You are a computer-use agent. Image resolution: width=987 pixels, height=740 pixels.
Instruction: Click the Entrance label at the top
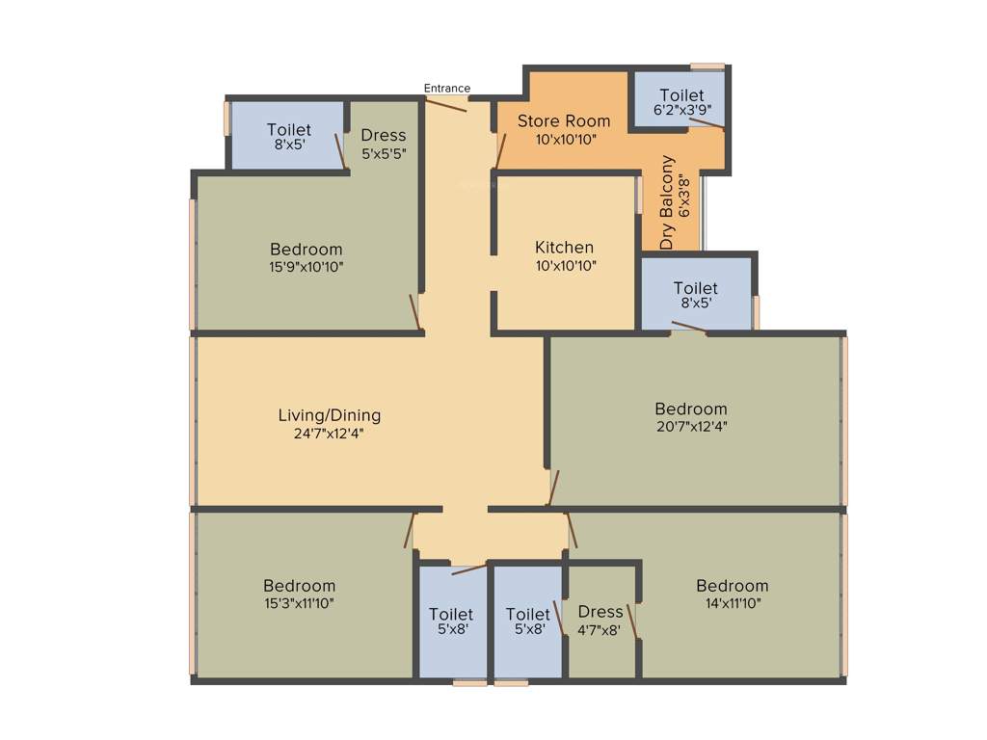tap(447, 89)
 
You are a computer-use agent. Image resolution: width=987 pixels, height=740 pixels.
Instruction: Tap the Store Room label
tap(564, 121)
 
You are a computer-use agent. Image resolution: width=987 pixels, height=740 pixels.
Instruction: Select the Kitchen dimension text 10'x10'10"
tap(566, 265)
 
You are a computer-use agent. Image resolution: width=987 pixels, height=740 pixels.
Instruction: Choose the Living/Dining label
tap(330, 415)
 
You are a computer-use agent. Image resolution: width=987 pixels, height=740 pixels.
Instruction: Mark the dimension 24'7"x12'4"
tap(330, 434)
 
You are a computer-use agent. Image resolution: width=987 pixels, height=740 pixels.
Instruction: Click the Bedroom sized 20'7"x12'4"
tap(690, 416)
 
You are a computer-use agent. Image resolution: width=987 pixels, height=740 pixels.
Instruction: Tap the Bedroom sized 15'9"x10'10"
tap(307, 257)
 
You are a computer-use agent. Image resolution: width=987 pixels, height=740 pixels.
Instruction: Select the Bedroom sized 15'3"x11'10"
tap(300, 594)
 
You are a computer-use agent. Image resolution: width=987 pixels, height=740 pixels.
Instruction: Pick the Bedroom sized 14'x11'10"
tap(733, 594)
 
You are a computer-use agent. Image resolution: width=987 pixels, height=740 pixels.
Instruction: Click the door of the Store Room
tap(501, 151)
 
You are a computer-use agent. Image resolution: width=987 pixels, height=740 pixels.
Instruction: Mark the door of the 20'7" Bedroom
tap(552, 488)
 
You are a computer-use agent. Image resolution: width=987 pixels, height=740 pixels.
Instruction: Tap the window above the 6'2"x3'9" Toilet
tap(707, 66)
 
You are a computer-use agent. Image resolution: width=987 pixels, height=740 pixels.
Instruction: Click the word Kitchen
tap(565, 248)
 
